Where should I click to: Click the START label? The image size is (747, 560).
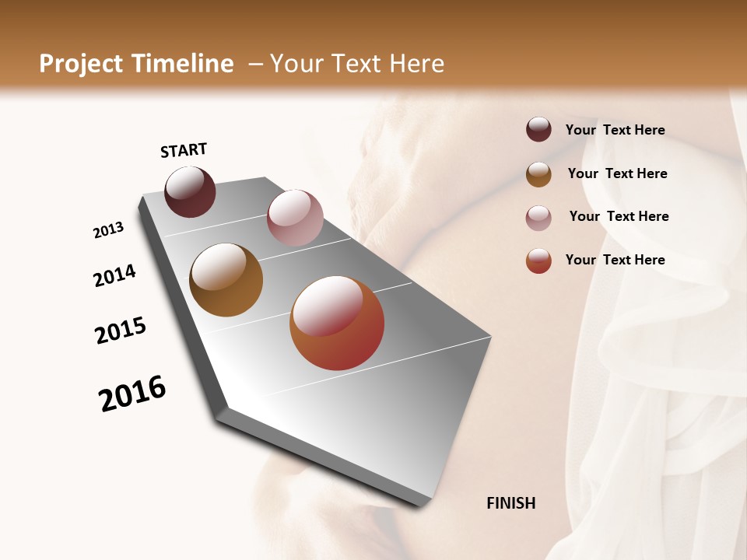[184, 150]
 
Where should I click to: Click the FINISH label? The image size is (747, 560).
[510, 503]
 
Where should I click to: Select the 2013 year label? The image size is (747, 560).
[109, 230]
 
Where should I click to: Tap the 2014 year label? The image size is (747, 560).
[114, 275]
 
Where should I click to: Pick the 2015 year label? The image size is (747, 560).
[121, 331]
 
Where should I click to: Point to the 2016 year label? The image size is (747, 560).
[132, 393]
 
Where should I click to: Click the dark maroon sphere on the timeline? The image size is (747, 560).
[190, 192]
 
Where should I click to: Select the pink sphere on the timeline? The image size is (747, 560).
[295, 217]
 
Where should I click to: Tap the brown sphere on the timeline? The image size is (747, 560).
[226, 280]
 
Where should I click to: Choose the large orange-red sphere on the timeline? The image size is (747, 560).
[337, 323]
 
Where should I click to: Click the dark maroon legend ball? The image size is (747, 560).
[538, 129]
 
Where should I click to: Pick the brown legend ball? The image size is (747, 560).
[538, 174]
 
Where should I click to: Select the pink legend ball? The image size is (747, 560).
[538, 218]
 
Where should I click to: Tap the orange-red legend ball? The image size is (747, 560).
[538, 261]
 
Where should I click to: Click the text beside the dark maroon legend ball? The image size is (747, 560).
[615, 130]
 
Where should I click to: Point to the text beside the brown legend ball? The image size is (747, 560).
[617, 173]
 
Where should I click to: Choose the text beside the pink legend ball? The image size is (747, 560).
[619, 216]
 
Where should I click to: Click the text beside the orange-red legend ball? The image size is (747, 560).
[615, 260]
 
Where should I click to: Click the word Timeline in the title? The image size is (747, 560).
[184, 64]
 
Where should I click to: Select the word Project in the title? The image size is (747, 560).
[80, 64]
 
